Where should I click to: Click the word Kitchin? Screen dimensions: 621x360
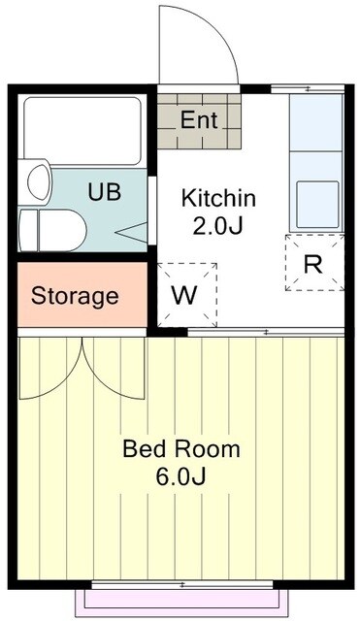click(218, 199)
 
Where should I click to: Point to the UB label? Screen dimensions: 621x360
click(105, 191)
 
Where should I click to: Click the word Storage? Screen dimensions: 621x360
click(75, 296)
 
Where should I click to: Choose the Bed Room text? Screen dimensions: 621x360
click(180, 450)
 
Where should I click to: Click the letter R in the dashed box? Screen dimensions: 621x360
click(313, 264)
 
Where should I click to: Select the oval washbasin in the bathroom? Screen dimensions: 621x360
click(38, 183)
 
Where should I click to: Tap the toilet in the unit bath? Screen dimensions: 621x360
click(53, 231)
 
